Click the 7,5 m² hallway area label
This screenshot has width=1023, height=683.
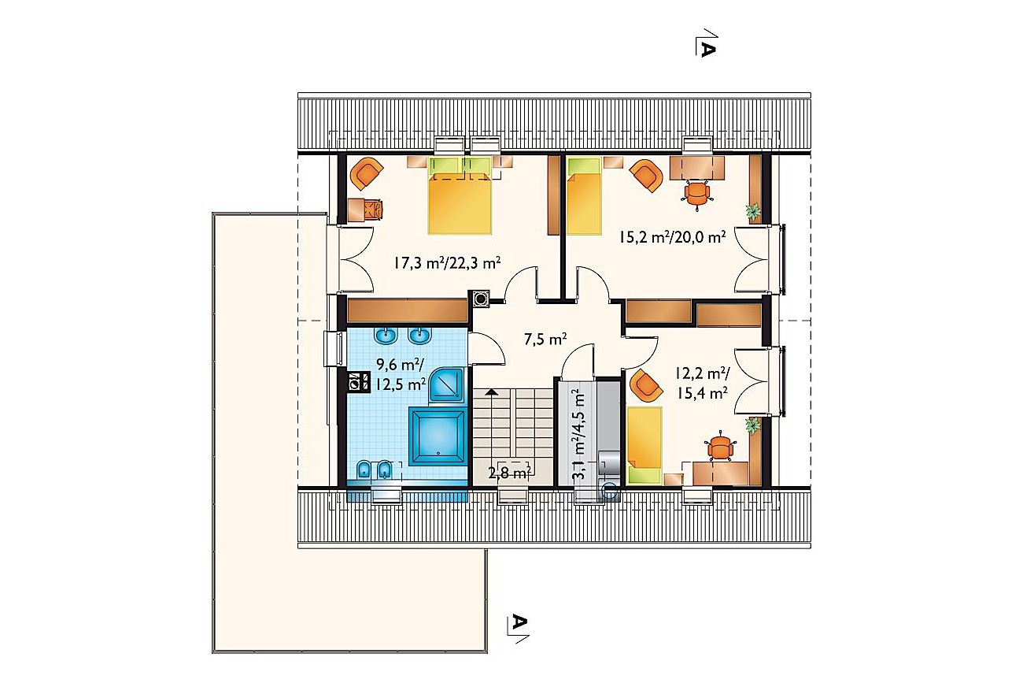pyautogui.click(x=545, y=339)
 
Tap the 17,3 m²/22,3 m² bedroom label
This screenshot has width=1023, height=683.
pyautogui.click(x=447, y=263)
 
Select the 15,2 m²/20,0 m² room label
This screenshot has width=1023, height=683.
pyautogui.click(x=672, y=237)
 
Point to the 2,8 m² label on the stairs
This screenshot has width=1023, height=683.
pyautogui.click(x=509, y=473)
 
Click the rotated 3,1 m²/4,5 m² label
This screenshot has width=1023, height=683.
pyautogui.click(x=578, y=434)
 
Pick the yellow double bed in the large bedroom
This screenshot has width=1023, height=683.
pyautogui.click(x=460, y=195)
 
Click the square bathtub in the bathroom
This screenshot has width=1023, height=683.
pyautogui.click(x=438, y=436)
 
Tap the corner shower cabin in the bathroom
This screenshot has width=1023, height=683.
pyautogui.click(x=447, y=384)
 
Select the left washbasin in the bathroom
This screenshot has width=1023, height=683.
pyautogui.click(x=386, y=335)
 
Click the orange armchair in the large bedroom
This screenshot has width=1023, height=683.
pyautogui.click(x=366, y=173)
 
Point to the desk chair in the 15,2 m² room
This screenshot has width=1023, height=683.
pyautogui.click(x=696, y=194)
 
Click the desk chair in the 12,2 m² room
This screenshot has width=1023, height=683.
pyautogui.click(x=720, y=447)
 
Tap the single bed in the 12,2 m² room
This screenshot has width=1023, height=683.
pyautogui.click(x=644, y=445)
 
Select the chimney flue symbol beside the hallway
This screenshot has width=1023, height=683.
pyautogui.click(x=481, y=299)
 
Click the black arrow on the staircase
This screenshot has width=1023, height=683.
pyautogui.click(x=491, y=392)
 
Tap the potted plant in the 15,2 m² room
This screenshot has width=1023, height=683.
pyautogui.click(x=753, y=212)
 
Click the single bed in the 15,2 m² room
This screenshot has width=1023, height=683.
pyautogui.click(x=584, y=195)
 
